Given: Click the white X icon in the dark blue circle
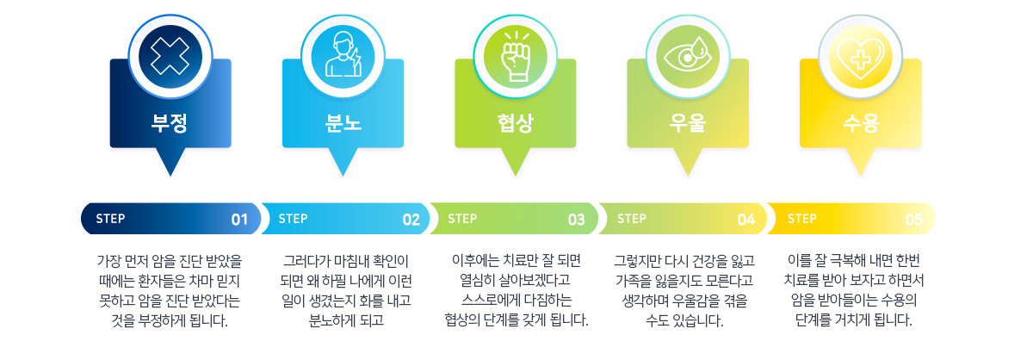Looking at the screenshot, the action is [x=170, y=56].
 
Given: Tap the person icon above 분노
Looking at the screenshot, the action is [x=343, y=54].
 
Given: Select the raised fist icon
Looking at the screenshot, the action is [x=516, y=56].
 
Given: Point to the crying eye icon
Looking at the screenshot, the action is [x=688, y=55].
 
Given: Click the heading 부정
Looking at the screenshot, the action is [x=170, y=123].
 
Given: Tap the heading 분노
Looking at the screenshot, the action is [x=343, y=123].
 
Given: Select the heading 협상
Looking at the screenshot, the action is [x=516, y=123].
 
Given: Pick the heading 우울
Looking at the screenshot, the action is [x=688, y=123].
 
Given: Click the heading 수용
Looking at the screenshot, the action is [x=861, y=123].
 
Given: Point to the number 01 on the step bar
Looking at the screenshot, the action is [x=240, y=220].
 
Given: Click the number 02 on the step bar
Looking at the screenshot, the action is [x=411, y=220].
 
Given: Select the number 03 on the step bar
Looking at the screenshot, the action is [x=577, y=220].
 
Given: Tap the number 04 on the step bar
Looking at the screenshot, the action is [x=746, y=220].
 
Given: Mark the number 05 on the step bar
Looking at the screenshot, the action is [x=914, y=220].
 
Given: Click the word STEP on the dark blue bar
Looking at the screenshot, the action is [x=110, y=219].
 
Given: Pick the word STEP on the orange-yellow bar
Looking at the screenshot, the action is [x=802, y=219].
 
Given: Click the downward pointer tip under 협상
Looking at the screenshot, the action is [x=516, y=176].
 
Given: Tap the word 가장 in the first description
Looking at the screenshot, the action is [x=108, y=261].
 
